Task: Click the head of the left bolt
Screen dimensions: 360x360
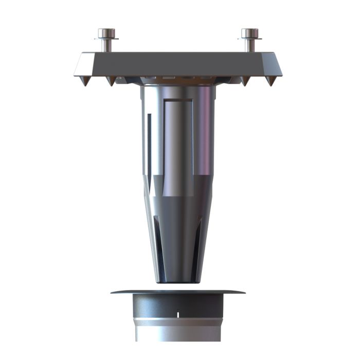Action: coord(107,33)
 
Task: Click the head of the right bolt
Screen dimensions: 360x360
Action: coord(250,33)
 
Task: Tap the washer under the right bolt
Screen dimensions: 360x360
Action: coord(250,39)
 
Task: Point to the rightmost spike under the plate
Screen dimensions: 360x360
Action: coord(271,81)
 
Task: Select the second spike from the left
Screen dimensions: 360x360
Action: coord(110,81)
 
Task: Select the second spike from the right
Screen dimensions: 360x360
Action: coord(245,81)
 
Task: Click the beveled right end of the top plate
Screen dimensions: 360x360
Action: coord(276,64)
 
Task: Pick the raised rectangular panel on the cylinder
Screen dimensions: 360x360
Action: coord(178,139)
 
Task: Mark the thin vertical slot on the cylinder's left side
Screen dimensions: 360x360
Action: coord(150,139)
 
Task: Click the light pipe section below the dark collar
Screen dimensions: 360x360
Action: coord(178,332)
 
